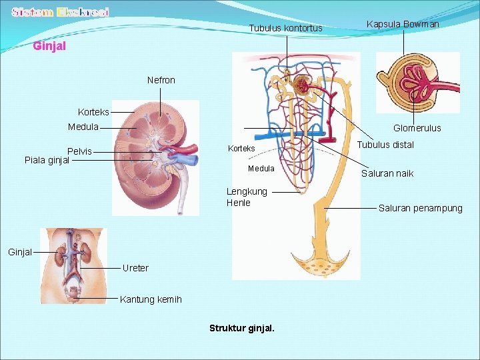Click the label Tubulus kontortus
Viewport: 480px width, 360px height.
click(285, 28)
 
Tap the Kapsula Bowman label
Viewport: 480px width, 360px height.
click(403, 24)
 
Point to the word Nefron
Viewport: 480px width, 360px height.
click(161, 80)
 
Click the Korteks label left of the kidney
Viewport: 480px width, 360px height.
click(93, 112)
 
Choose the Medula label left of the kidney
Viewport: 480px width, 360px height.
click(83, 127)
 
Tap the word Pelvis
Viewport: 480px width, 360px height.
click(79, 151)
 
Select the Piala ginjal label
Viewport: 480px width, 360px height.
click(47, 160)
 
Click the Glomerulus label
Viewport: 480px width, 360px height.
click(417, 128)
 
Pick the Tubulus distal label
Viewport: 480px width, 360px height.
click(385, 145)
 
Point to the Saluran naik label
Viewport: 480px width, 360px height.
click(387, 173)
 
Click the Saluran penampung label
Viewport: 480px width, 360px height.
click(420, 208)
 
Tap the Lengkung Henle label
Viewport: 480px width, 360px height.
click(247, 197)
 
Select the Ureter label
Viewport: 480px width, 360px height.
click(135, 268)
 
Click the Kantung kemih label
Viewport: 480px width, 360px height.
click(151, 299)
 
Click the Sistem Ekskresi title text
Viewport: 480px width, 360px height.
click(61, 12)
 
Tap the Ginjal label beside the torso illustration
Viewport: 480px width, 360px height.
click(20, 252)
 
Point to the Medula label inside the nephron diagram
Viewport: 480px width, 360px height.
click(261, 169)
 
